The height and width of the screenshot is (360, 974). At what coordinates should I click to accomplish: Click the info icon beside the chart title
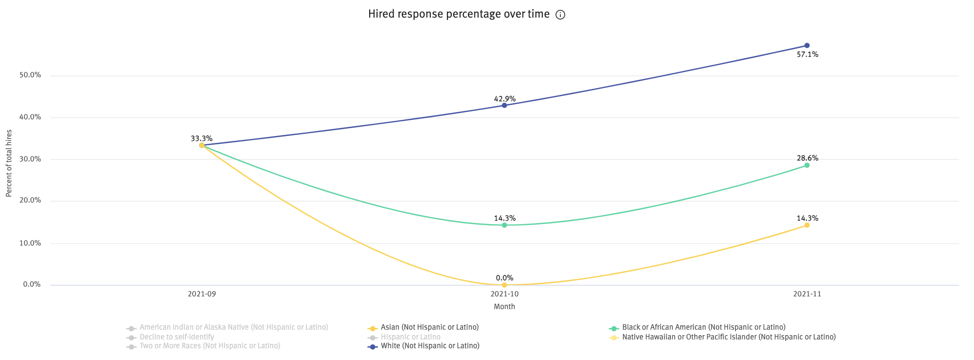point(560,15)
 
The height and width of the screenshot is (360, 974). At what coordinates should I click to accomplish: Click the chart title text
point(459,14)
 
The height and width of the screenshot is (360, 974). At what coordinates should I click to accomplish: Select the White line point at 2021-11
point(807,45)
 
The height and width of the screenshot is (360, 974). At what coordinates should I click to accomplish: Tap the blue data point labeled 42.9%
point(504,105)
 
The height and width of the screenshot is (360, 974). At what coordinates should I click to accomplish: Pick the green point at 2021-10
point(504,225)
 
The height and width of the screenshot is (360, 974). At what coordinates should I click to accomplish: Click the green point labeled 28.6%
point(807,165)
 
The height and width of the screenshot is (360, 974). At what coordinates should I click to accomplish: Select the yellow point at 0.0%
point(504,285)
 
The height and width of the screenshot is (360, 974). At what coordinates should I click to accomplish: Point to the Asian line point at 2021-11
point(807,225)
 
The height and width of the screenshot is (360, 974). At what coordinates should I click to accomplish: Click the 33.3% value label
point(201,138)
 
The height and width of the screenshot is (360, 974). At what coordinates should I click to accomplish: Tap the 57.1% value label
point(807,54)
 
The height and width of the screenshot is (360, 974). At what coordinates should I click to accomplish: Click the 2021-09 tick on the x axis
point(201,294)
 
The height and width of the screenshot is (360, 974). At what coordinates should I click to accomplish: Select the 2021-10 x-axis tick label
point(504,294)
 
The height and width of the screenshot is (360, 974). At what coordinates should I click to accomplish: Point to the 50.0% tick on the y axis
point(30,75)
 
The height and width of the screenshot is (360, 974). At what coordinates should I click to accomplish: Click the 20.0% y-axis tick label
point(30,200)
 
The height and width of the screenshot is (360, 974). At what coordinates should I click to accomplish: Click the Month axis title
point(504,307)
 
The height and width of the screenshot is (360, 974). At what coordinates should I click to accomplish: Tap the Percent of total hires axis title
point(9,163)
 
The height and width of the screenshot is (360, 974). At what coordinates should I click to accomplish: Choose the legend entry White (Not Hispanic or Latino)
point(430,346)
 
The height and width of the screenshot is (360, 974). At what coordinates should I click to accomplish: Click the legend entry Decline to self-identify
point(177,337)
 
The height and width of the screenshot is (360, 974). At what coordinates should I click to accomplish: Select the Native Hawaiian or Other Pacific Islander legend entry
point(729,337)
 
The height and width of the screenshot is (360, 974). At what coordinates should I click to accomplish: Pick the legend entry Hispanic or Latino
point(410,337)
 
